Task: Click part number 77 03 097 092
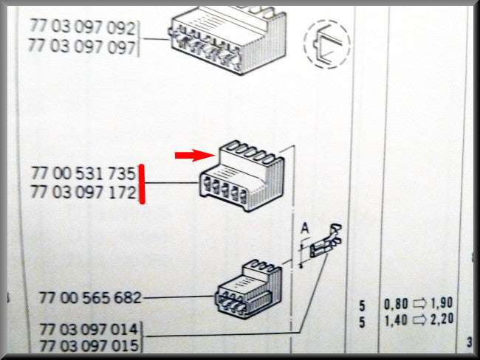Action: (x=83, y=27)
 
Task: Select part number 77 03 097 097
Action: (x=82, y=46)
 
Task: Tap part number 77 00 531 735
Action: (x=83, y=173)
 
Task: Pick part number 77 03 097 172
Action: (x=83, y=193)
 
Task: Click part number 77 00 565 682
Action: (x=90, y=297)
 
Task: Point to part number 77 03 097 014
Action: (x=89, y=330)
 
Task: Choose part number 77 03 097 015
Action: (x=89, y=346)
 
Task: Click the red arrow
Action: (x=195, y=155)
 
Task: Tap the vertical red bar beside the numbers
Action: (x=142, y=184)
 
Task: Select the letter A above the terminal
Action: (x=305, y=228)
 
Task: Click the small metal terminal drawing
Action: (x=326, y=242)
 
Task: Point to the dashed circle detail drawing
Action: (x=327, y=44)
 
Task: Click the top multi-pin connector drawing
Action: (x=228, y=40)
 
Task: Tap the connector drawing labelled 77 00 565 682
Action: (x=249, y=287)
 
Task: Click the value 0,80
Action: (x=396, y=304)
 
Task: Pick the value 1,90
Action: (x=442, y=302)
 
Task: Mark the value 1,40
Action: (x=396, y=321)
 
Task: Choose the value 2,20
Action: (x=442, y=319)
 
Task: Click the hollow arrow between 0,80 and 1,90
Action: (x=419, y=303)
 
